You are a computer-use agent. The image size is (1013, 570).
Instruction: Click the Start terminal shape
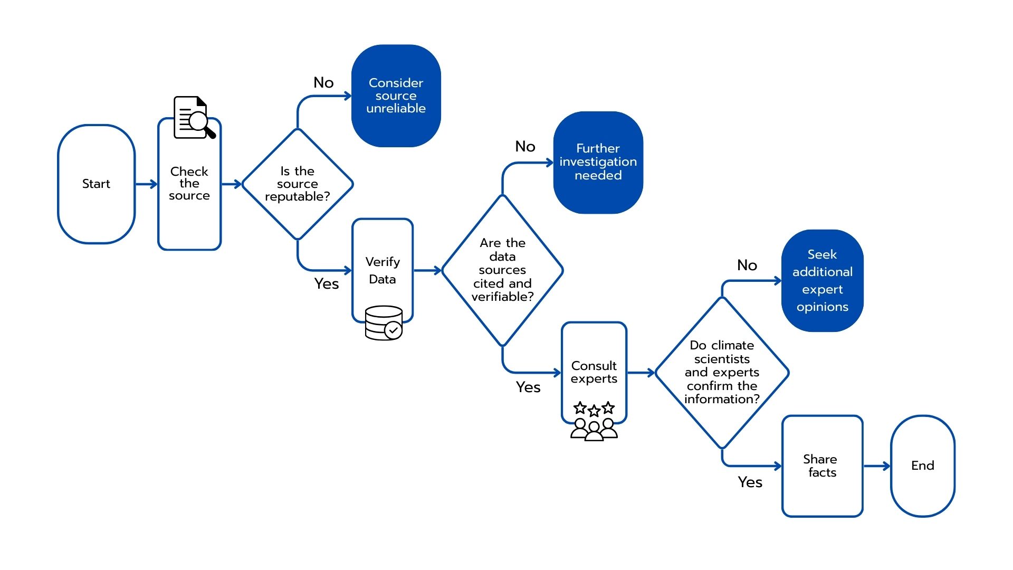96,184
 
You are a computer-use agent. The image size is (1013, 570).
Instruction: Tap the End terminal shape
922,465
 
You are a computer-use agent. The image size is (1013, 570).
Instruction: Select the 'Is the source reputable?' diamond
298,184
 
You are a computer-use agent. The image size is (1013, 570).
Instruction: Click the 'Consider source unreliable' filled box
396,96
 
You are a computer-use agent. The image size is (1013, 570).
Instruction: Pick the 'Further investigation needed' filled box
598,162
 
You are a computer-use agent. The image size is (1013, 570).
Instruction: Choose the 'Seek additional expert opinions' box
822,280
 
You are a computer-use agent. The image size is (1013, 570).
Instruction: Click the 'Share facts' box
822,465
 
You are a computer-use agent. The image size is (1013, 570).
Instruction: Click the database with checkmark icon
384,322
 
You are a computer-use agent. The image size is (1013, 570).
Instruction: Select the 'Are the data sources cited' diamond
502,270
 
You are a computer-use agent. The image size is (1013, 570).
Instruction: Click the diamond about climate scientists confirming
722,372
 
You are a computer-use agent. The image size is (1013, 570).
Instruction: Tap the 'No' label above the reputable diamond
323,82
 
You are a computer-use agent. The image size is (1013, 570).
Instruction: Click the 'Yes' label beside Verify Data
327,283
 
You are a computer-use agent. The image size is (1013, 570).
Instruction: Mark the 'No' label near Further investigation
525,146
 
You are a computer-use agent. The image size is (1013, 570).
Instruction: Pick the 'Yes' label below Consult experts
528,387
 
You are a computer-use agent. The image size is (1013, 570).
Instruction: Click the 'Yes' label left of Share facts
750,482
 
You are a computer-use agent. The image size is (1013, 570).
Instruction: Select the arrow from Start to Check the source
146,184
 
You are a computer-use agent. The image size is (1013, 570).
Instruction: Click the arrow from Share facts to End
877,465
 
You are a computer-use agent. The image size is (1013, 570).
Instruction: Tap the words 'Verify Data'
383,270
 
